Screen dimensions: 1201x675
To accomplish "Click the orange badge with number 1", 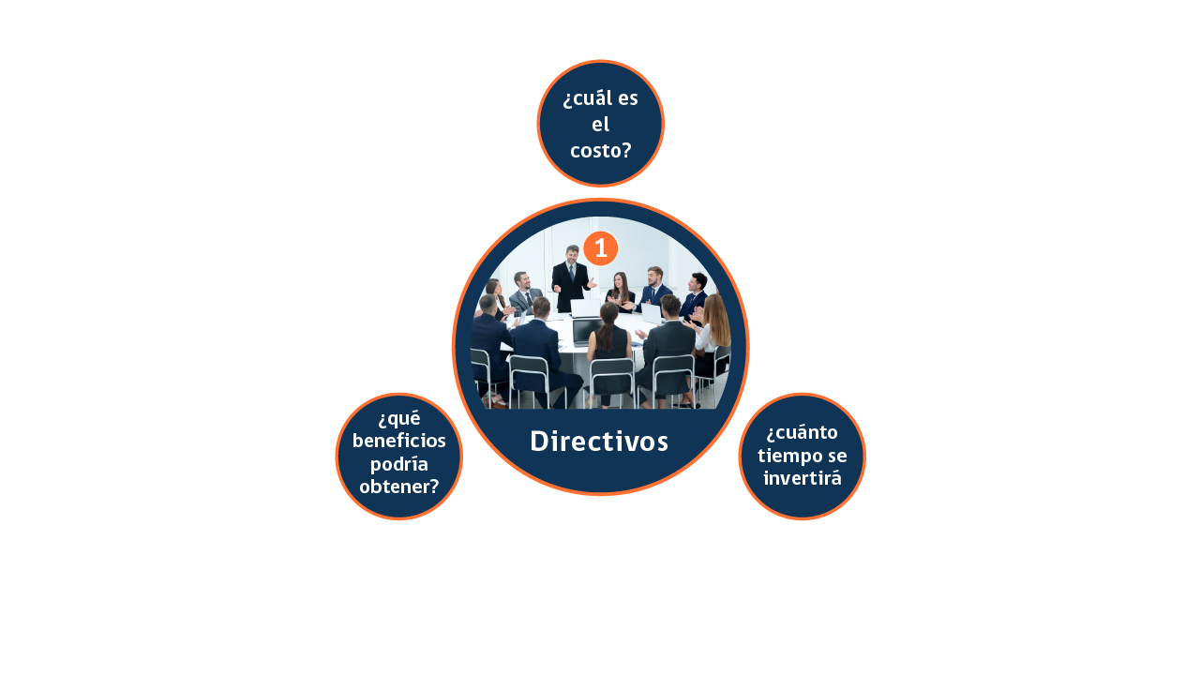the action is coord(600,248).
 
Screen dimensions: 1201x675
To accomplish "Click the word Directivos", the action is coord(599,442).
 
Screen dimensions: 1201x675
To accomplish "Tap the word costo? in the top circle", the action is coord(600,151).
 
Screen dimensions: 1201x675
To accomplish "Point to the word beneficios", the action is coord(398,441).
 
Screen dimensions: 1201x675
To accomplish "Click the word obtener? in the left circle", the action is coord(398,487).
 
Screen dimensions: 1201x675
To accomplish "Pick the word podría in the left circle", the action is coord(398,464).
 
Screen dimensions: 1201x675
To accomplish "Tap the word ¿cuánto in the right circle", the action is coord(803,432).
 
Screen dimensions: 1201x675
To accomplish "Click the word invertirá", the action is coord(803,478).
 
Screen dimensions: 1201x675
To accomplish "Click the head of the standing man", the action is coord(572,254).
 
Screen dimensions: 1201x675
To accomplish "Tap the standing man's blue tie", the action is coord(572,273).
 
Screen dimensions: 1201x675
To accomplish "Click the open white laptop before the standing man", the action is coord(585,308).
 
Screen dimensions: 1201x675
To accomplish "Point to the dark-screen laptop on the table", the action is coord(586,332).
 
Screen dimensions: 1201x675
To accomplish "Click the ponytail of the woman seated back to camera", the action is coord(606,334).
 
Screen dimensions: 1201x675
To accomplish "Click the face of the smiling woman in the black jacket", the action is coord(620,281).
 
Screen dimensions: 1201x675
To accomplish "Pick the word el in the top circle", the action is coord(600,125).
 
